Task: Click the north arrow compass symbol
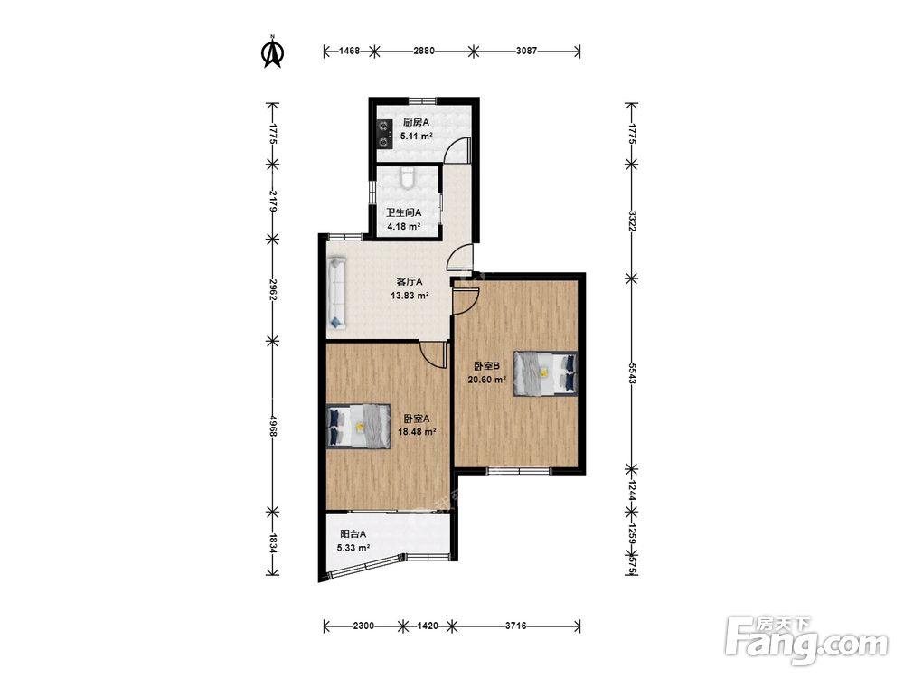pos(273,52)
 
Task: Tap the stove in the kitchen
pos(382,133)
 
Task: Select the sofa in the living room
pos(337,294)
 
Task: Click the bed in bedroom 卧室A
pos(358,427)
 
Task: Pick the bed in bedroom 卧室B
pos(545,373)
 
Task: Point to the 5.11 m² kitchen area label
pos(416,137)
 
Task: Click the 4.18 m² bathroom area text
pos(403,227)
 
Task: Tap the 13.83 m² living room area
pos(410,296)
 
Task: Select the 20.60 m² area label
pos(486,380)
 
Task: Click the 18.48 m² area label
pos(417,431)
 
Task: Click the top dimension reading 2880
pos(424,51)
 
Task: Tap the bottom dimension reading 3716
pos(516,626)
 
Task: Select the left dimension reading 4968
pos(273,424)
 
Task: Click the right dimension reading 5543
pos(632,373)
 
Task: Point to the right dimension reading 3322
pos(632,221)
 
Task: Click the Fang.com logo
pos(807,641)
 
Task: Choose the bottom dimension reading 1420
pos(427,626)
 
